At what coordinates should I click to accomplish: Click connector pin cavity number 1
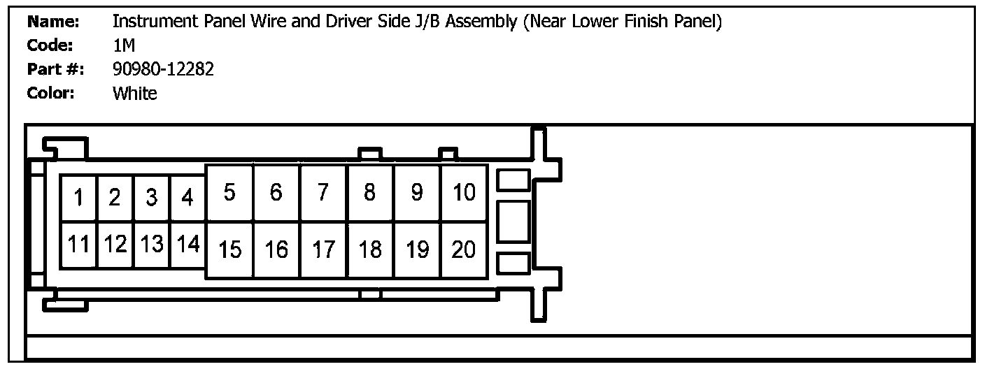79,198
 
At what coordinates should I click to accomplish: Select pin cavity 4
187,198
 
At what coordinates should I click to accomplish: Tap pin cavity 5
229,192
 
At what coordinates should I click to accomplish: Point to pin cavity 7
323,192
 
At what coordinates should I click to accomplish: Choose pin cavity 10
464,192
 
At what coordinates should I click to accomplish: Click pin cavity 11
79,245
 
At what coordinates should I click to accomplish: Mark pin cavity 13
151,245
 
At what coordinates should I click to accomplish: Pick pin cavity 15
229,249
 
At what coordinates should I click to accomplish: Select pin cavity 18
370,249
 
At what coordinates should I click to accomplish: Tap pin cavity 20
464,249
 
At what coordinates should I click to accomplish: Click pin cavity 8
370,192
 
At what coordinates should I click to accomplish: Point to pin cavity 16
276,249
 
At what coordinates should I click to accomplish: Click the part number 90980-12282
163,69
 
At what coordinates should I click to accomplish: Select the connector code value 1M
123,45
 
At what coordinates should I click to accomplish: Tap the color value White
134,93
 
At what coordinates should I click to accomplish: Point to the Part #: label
55,69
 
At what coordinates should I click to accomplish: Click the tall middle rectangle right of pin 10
513,221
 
